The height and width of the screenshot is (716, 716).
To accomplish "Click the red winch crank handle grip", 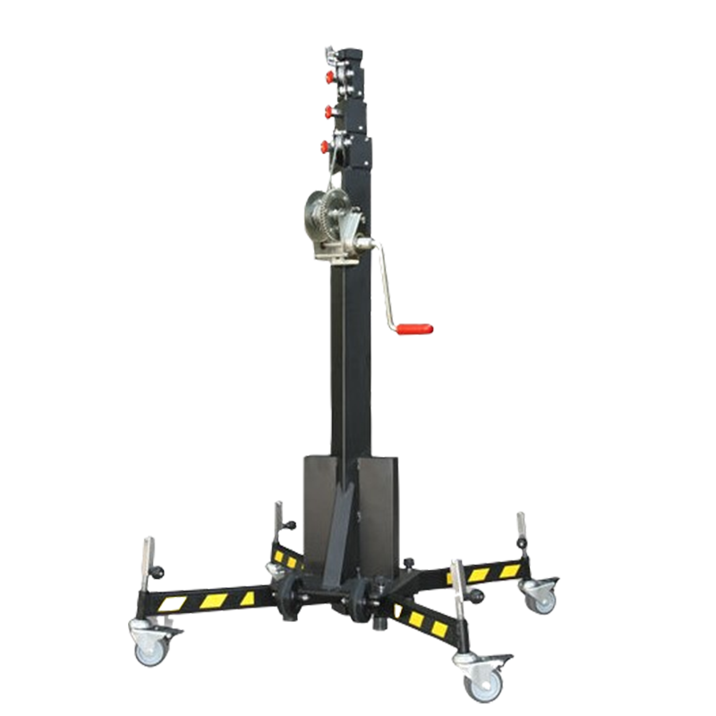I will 415,329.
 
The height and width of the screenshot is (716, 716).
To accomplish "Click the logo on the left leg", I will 168,603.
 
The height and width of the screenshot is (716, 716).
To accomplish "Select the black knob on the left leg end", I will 158,570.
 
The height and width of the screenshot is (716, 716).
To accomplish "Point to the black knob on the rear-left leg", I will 290,525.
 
